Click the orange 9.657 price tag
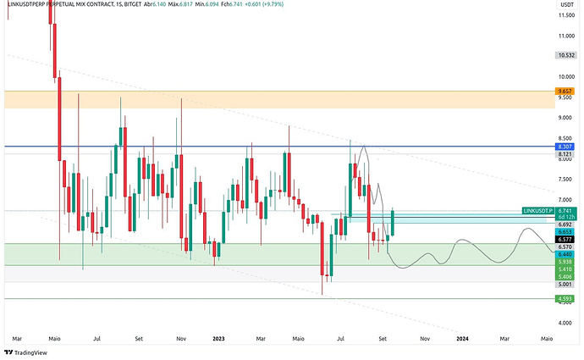pos(563,91)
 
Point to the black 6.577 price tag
pos(563,239)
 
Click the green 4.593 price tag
pos(563,298)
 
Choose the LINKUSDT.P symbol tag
pos(537,210)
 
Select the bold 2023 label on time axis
pos(218,337)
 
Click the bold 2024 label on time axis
pos(463,337)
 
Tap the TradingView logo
pos(26,352)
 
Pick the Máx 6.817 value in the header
pos(200,5)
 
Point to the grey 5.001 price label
pos(563,285)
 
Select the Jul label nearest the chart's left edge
pos(97,337)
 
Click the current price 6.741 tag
pos(563,210)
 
